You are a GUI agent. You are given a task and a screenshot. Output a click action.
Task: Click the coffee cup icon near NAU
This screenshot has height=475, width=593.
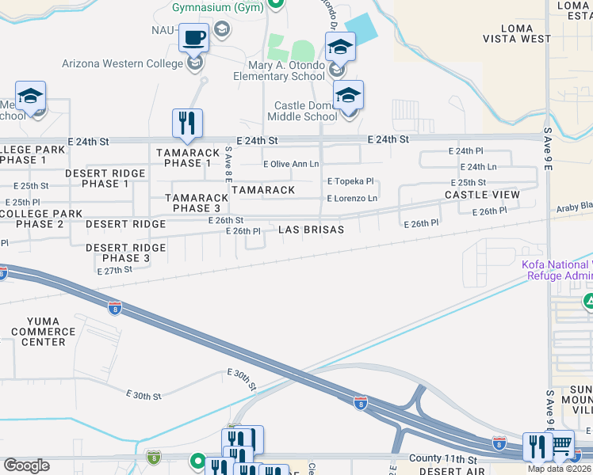pos(194,37)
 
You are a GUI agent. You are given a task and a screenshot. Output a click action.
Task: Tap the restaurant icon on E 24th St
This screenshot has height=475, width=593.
pos(187,123)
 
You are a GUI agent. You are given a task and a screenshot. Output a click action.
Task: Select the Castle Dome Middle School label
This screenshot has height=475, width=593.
pos(306,111)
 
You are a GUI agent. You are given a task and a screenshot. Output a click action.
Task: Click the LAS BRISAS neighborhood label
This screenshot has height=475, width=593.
pos(312,230)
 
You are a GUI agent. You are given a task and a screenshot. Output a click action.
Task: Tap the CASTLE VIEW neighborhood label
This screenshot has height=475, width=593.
pos(482,195)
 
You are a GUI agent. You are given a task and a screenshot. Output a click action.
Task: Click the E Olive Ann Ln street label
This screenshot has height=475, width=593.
pos(291,164)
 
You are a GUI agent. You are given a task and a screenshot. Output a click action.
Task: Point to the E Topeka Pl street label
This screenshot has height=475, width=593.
pos(350,181)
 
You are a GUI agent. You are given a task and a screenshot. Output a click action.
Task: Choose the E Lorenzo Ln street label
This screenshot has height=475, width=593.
pos(352,198)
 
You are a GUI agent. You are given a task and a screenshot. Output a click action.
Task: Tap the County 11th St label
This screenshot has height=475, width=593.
pos(443,458)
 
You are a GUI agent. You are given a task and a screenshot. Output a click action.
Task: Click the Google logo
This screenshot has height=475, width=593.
pos(27,465)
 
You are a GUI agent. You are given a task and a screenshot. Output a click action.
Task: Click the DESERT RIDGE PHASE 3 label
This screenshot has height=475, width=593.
pos(125,253)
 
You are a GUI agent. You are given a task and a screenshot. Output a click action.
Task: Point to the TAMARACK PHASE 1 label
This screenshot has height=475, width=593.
pos(188,158)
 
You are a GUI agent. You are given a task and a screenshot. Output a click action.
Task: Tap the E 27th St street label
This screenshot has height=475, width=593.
pos(114,270)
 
